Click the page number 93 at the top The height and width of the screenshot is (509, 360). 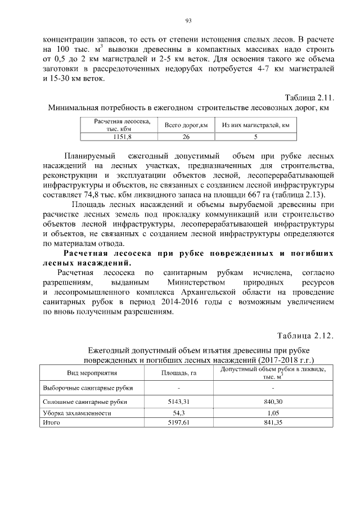coord(189,21)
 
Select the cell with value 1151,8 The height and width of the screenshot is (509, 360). coord(121,137)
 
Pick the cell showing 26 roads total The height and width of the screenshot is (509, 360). coord(186,137)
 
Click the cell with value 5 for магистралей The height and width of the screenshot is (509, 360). coord(255,137)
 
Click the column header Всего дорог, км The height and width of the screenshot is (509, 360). coord(186,125)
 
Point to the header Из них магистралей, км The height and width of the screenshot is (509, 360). coord(255,125)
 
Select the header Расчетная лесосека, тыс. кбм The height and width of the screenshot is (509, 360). coord(121,125)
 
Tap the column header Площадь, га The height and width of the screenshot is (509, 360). coord(178,373)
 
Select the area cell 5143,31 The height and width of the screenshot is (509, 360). coord(178,402)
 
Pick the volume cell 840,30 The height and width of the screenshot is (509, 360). coord(272,402)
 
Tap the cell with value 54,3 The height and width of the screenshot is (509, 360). coord(178,413)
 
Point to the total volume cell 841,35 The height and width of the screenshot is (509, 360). coord(272,422)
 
